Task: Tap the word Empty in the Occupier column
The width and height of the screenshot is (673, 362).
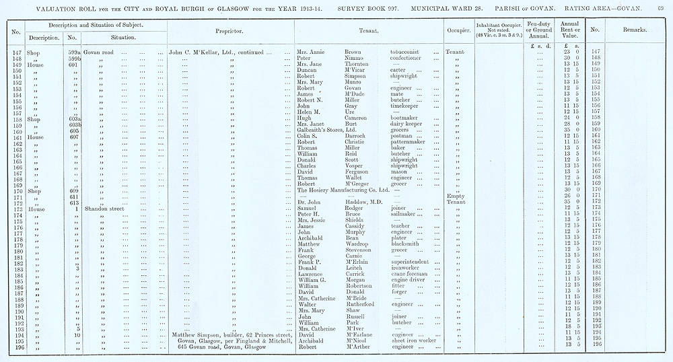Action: tap(456, 196)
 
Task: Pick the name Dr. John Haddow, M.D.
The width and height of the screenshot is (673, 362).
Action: tap(339, 203)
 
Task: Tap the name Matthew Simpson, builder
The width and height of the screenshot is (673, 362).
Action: tap(205, 334)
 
